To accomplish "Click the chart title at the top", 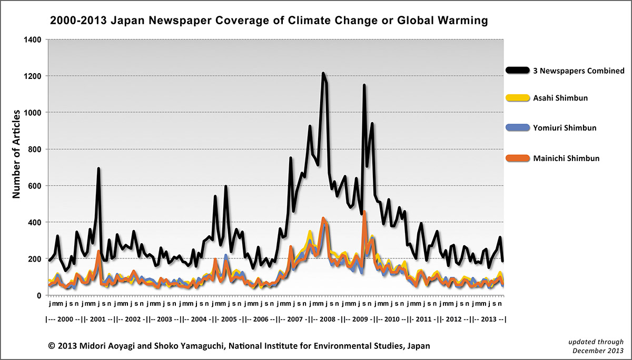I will tap(269, 21).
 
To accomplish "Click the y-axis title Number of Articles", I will tap(16, 154).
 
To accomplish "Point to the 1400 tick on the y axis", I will tap(33, 39).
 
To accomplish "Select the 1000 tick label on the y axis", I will tap(33, 113).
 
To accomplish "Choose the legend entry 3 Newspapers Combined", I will tap(565, 71).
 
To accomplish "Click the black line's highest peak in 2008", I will tap(323, 74).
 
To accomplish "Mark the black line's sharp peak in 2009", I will tap(364, 85).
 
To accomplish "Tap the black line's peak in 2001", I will tap(98, 169).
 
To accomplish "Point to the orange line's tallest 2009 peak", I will tap(364, 212).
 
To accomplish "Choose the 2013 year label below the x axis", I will tap(488, 319).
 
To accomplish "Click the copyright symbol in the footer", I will tap(52, 346).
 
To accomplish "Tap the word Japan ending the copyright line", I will tap(418, 346).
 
